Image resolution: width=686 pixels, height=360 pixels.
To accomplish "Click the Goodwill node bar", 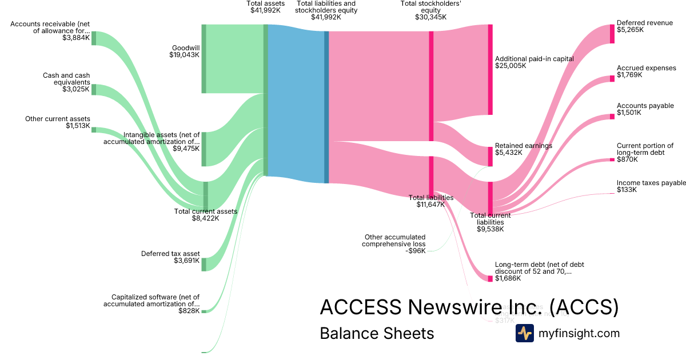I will tap(204, 58).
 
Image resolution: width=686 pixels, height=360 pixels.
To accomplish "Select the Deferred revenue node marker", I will tap(612, 34).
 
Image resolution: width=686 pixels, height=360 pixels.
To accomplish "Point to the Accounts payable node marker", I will tap(612, 117).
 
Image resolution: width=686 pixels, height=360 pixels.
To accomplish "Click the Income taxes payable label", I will tap(651, 186).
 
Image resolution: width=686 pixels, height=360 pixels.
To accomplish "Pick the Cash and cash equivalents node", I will tap(94, 90).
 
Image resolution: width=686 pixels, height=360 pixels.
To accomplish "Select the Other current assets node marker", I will tap(94, 130).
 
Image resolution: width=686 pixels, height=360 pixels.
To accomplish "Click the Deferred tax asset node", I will tap(204, 264).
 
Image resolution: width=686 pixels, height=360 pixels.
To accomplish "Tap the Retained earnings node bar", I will tap(490, 157).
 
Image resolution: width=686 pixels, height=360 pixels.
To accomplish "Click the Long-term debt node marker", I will tap(490, 278).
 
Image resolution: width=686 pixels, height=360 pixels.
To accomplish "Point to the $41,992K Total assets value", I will tap(266, 10).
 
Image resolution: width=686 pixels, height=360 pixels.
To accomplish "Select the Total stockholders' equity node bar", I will tap(431, 86).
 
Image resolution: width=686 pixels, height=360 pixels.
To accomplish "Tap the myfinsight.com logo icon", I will tap(524, 333).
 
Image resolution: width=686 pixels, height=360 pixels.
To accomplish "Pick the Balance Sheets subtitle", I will tap(377, 333).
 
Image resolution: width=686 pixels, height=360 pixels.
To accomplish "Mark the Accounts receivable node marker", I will tap(94, 38).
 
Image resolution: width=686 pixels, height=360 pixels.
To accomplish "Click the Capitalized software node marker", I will tap(204, 311).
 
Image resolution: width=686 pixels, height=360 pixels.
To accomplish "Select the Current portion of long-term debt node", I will tap(612, 160).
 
